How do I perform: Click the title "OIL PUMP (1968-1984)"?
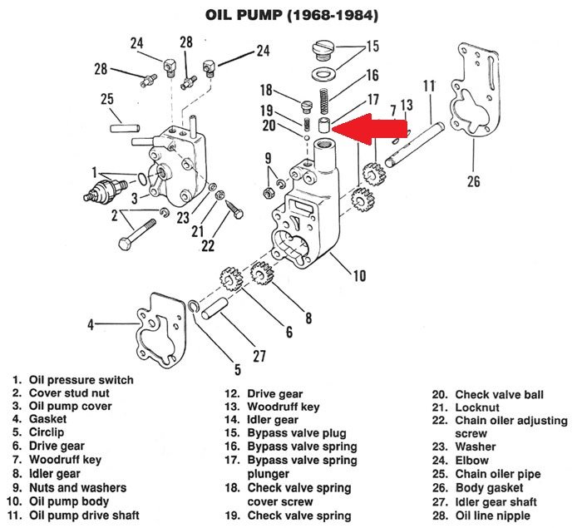pos(290,14)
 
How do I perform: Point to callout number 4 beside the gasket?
pos(91,325)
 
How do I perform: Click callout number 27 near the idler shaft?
pos(259,357)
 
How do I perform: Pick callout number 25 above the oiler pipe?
pos(107,100)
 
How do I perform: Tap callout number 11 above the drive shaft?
pos(429,86)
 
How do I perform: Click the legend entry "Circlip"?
pos(47,434)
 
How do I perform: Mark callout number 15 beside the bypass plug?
pos(372,47)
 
